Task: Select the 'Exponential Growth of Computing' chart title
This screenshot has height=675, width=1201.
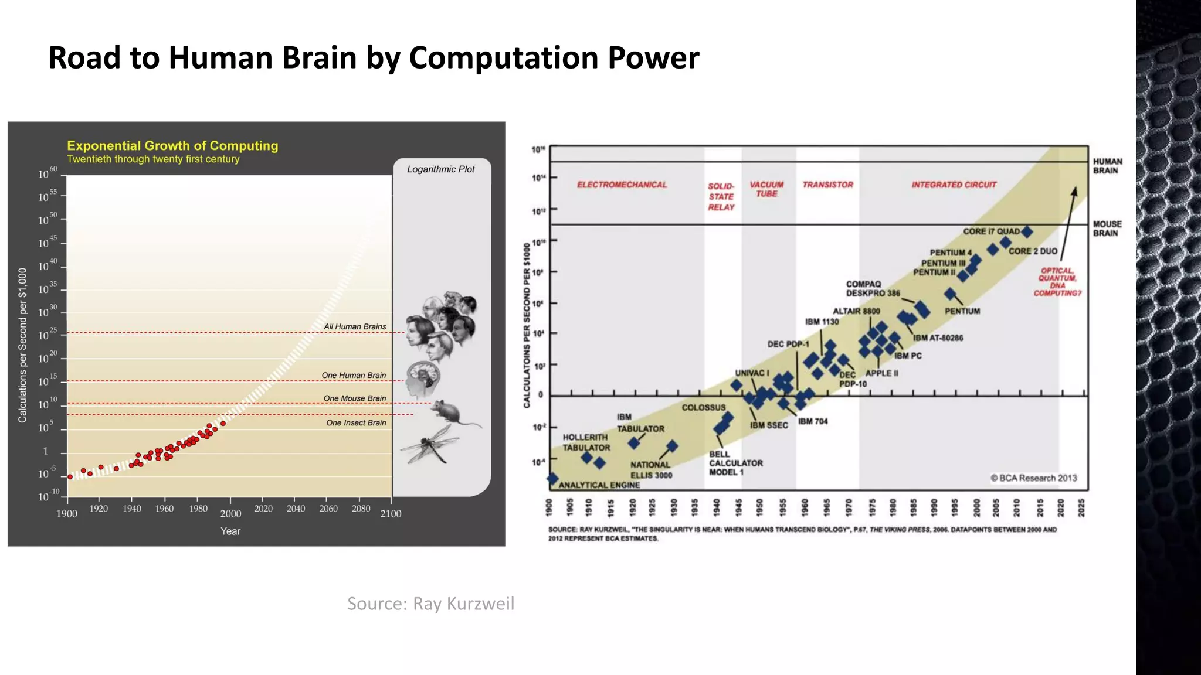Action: [172, 146]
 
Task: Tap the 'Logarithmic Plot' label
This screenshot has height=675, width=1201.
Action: [441, 169]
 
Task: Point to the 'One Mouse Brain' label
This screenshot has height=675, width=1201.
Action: [355, 398]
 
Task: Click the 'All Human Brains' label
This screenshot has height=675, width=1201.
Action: [355, 326]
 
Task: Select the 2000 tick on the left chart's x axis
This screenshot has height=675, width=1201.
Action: [230, 514]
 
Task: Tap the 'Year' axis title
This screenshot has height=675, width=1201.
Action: [230, 531]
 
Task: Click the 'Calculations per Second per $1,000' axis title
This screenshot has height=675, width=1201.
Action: [23, 345]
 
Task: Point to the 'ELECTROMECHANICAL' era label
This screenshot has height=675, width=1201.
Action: [622, 185]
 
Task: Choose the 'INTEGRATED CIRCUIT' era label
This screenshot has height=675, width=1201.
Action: [954, 185]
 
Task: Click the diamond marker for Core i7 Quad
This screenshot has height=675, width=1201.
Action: [1027, 232]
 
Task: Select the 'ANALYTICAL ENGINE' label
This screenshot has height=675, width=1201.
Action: [599, 485]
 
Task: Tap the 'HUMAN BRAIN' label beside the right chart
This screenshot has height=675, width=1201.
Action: [1107, 166]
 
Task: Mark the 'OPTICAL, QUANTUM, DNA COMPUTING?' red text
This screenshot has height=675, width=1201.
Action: [1057, 282]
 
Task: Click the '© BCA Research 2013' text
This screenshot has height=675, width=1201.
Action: [1033, 478]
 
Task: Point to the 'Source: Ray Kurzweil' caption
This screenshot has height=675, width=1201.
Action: [430, 604]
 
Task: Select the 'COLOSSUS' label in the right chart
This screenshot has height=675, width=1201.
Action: [703, 408]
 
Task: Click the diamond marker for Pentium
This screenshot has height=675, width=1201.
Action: [950, 294]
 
